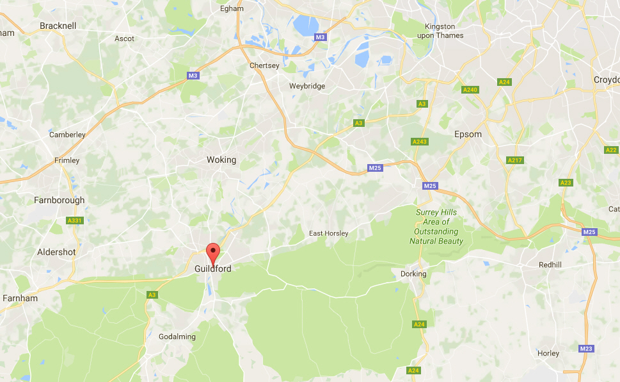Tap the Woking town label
[221, 160]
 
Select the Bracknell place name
[58, 26]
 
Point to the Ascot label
[124, 38]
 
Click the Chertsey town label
[264, 65]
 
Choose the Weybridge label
[307, 86]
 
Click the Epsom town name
[467, 135]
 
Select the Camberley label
[67, 135]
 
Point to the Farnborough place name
[59, 200]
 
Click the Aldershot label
[56, 252]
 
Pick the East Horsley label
[328, 233]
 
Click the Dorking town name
[413, 274]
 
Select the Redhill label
[550, 264]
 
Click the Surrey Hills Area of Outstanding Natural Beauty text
[437, 226]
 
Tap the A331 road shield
[75, 220]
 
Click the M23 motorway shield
[586, 349]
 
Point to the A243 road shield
[420, 142]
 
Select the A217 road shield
[514, 160]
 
